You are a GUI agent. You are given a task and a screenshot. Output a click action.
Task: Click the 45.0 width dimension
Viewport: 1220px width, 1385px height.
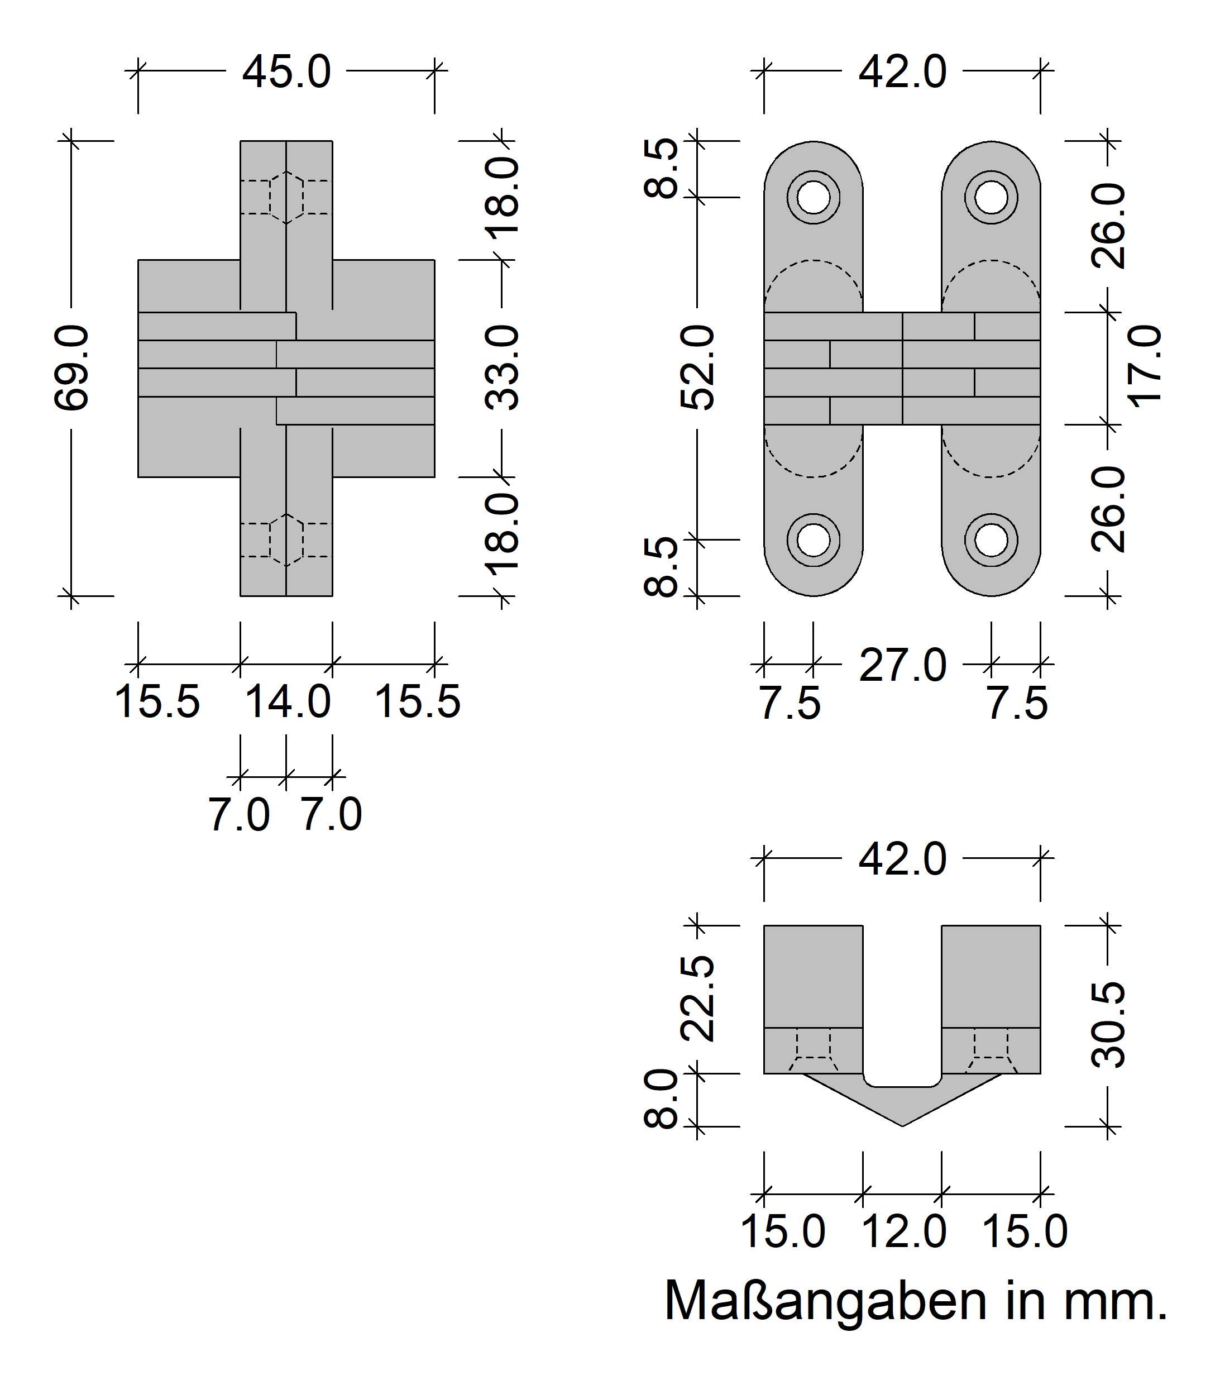click(286, 73)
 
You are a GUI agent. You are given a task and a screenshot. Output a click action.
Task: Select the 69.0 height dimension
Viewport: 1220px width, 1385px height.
click(71, 368)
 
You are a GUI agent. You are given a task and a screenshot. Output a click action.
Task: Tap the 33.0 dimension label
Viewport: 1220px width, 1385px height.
click(503, 368)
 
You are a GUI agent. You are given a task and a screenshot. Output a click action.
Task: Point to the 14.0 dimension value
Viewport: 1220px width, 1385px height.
click(286, 702)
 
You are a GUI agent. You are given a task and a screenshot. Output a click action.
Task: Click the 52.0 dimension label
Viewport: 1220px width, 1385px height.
click(697, 368)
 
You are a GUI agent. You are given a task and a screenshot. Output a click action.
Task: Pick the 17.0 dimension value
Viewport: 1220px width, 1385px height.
click(1145, 366)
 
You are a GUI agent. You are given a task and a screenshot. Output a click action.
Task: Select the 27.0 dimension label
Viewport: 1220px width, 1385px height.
click(902, 666)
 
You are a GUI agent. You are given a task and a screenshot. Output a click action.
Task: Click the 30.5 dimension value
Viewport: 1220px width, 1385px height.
click(1108, 1025)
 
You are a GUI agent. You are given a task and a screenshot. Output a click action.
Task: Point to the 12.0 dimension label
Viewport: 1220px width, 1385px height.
click(902, 1231)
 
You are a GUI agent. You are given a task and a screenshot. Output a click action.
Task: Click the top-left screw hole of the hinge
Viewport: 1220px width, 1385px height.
click(813, 197)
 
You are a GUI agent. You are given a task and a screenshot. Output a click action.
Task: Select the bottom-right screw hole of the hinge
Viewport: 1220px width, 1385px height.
click(991, 540)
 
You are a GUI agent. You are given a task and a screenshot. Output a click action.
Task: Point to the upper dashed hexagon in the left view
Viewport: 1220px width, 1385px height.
click(286, 197)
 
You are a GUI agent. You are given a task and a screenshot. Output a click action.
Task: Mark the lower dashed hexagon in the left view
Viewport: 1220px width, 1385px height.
click(286, 540)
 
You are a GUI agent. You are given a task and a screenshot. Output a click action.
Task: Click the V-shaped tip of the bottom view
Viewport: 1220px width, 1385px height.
click(902, 1126)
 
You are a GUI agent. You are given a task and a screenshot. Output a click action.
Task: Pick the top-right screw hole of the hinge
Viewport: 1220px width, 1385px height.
click(991, 197)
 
